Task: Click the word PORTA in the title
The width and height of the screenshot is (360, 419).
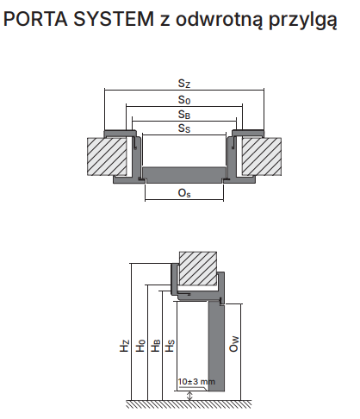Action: [x=35, y=19]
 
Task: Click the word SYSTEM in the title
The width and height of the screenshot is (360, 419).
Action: [x=114, y=19]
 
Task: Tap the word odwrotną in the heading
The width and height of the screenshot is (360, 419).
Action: [x=219, y=19]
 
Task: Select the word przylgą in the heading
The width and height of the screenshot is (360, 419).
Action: [x=303, y=20]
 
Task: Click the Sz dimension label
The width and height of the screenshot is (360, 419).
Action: [x=184, y=84]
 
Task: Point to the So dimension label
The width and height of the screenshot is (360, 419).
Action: [x=184, y=100]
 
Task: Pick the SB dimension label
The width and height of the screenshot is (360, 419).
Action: [x=184, y=115]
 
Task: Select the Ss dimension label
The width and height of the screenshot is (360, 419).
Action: [x=184, y=128]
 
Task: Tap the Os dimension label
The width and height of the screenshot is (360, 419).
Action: [x=184, y=193]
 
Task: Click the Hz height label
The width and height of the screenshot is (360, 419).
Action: [x=124, y=346]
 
